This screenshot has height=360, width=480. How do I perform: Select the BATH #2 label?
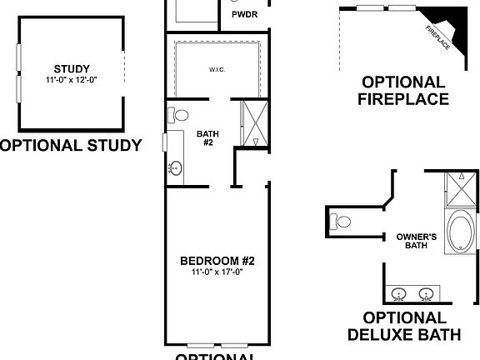point(207,137)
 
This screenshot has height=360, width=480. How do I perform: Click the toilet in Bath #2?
point(177,115)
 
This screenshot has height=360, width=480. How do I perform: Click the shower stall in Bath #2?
point(251,123)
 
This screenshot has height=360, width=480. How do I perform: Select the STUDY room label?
point(71,69)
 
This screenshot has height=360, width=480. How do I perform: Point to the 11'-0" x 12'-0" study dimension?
point(71,80)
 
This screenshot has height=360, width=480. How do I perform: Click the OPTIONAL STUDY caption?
point(70,145)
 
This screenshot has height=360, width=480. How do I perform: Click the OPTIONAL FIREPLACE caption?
point(403,91)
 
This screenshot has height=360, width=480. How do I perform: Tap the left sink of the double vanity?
point(400,293)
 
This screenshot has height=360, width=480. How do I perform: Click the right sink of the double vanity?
point(427,293)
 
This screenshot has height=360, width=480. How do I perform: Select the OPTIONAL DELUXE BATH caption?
point(403,327)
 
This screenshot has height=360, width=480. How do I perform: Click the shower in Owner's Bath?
point(457,190)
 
